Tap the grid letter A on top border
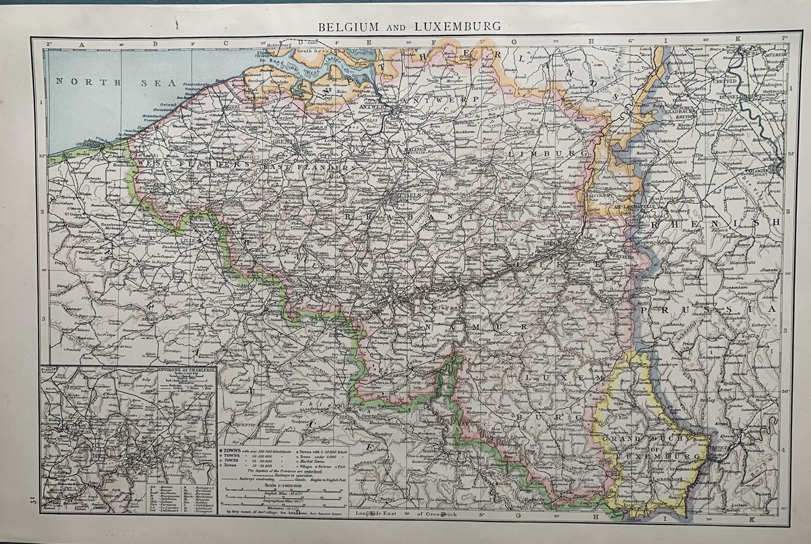(81, 44)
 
